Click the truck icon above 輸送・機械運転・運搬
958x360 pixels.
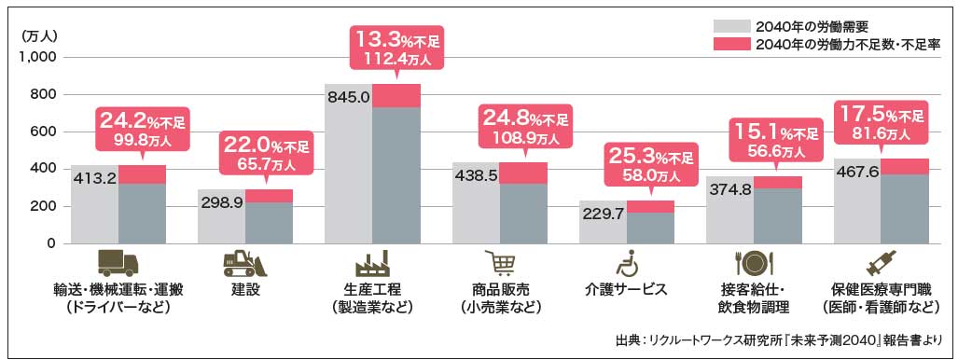point(118,263)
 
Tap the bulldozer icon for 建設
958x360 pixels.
point(245,264)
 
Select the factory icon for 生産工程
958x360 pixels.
point(371,263)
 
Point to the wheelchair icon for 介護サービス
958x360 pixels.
point(626,264)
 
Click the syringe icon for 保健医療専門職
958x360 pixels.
point(880,263)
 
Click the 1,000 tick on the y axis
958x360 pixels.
point(37,58)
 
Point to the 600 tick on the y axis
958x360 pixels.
point(43,132)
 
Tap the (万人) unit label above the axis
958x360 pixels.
point(39,36)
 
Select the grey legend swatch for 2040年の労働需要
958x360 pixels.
point(730,26)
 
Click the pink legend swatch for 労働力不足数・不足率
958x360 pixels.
point(730,43)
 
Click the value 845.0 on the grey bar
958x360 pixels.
point(348,96)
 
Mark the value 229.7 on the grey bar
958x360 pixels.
point(602,214)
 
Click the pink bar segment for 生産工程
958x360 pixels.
point(396,96)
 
